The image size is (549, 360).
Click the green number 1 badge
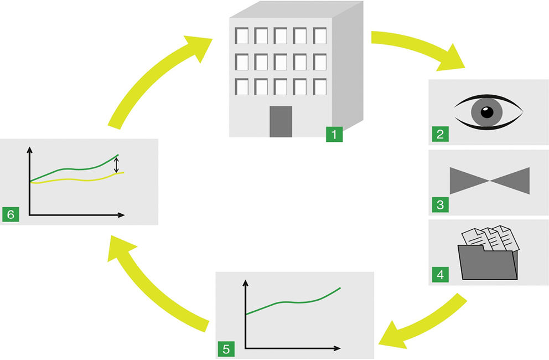tap(334, 134)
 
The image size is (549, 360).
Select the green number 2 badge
tap(440, 134)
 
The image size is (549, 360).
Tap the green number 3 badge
tap(440, 204)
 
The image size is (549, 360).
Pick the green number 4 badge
tap(440, 274)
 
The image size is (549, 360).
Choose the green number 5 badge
tap(226, 349)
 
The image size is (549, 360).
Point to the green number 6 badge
tap(11, 214)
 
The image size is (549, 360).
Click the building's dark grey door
tap(281, 122)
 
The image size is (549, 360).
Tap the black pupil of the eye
tap(486, 112)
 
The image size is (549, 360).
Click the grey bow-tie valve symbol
tap(489, 181)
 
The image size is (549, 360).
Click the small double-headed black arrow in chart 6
tap(117, 164)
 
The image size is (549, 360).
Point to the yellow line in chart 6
tap(77, 179)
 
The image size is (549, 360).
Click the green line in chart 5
tap(293, 302)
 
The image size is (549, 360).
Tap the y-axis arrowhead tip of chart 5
tap(245, 280)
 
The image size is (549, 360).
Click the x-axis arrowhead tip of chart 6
tap(125, 215)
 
